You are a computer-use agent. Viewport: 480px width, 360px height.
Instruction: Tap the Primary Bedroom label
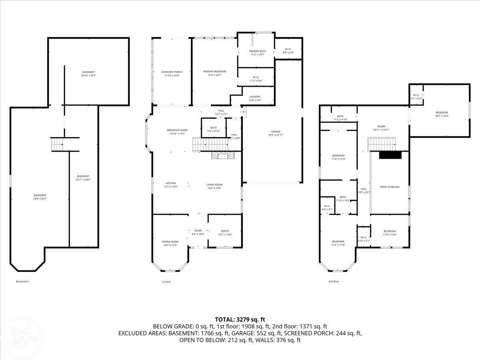[214, 73]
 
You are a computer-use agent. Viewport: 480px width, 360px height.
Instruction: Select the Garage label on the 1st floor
[276, 133]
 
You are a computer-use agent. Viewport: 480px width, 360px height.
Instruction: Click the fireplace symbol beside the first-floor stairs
[221, 156]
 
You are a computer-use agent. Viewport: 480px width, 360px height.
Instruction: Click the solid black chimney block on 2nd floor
[390, 156]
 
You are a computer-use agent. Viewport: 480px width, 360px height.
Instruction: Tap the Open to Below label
[390, 187]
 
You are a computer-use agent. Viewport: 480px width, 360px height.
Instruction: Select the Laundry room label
[255, 98]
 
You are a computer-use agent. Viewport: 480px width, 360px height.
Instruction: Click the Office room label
[225, 233]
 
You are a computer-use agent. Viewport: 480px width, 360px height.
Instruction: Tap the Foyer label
[198, 232]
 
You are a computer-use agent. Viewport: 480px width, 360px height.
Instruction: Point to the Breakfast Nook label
[177, 132]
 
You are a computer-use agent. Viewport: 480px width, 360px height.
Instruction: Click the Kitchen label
[171, 185]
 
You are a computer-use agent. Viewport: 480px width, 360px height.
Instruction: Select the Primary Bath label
[257, 53]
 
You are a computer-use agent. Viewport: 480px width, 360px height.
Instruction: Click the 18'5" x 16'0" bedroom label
[442, 114]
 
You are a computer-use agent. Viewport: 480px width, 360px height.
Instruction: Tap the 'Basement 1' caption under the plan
[22, 282]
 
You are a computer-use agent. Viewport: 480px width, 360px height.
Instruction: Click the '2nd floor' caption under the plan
[334, 282]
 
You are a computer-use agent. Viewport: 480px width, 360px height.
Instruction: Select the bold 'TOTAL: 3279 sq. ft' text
[240, 319]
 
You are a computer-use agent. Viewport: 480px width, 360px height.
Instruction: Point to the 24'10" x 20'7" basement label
[89, 74]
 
